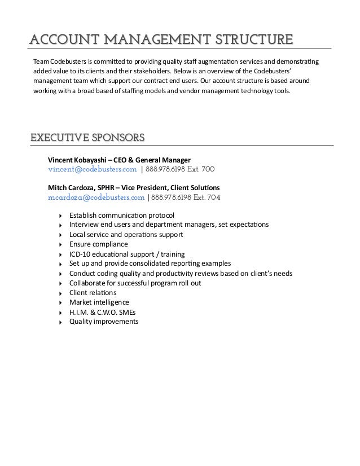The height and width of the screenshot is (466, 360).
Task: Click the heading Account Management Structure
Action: (161, 39)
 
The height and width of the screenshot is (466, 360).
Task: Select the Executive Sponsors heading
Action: (87, 137)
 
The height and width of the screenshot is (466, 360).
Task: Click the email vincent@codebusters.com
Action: (93, 169)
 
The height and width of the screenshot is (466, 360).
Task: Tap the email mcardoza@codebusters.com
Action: (96, 197)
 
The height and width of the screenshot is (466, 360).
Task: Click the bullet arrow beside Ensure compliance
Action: (60, 245)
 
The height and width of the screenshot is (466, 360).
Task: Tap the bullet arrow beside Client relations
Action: (60, 293)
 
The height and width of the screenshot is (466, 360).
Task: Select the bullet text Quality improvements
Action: (104, 322)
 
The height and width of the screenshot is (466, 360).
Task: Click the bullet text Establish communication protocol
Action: (122, 216)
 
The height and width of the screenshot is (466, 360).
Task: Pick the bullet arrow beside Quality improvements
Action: (60, 322)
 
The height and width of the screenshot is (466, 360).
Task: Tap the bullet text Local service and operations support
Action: (126, 235)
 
